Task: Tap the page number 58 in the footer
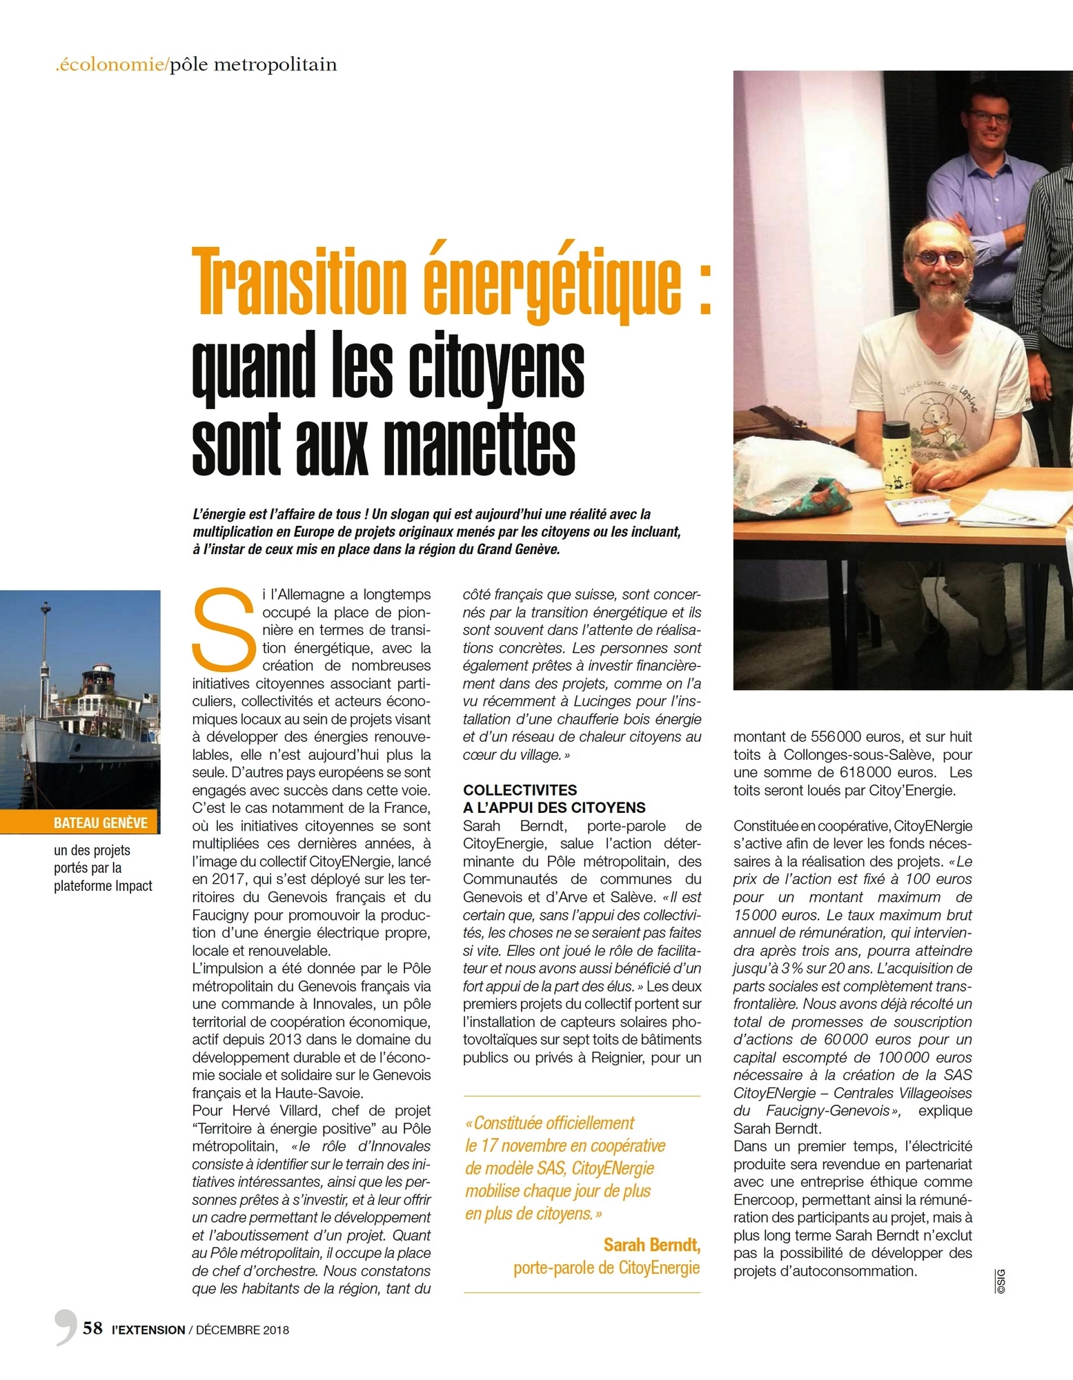(92, 1328)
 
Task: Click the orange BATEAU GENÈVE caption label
(101, 822)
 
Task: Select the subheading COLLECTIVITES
(520, 790)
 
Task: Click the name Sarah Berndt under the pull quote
(651, 1244)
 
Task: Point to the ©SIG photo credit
(1001, 1281)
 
